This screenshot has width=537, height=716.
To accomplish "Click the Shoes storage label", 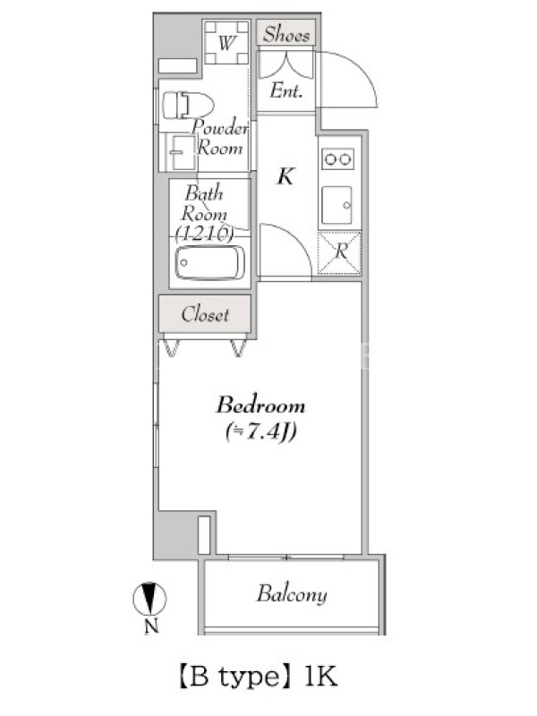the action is (286, 34).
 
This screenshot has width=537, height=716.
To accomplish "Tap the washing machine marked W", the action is (226, 42).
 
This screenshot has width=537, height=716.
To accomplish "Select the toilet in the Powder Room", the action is (188, 105).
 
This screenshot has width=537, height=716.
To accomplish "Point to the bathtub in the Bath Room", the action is (209, 263).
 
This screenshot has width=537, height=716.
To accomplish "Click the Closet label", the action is (205, 314).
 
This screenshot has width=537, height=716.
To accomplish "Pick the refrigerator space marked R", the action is (339, 253).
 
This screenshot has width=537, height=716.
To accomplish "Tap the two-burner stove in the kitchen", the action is (338, 159).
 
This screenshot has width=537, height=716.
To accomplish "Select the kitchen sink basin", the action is (337, 205).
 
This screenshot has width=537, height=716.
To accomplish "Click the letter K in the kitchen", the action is (286, 176).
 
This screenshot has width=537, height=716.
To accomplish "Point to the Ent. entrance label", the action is (286, 90).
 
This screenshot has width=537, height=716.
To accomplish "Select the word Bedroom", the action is (260, 405).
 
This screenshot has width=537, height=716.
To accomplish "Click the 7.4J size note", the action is (260, 431).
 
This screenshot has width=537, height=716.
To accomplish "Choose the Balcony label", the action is (292, 594).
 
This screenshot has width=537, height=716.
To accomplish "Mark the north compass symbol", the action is (149, 599).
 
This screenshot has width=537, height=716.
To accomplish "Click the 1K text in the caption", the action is (320, 677).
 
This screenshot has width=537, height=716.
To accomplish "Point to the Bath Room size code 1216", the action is (205, 234).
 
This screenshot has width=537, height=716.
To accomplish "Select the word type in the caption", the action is (249, 678).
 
